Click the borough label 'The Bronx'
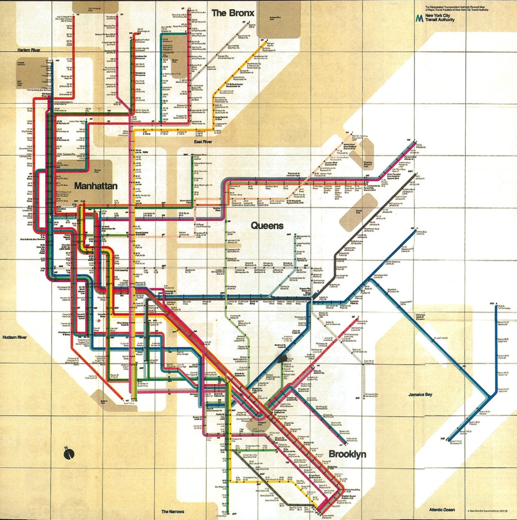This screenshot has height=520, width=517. tap(233, 13)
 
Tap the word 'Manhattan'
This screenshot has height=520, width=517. tap(96, 186)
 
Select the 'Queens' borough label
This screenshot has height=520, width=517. tap(267, 226)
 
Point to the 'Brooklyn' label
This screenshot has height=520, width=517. tap(347, 454)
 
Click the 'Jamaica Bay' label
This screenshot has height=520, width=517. tap(420, 395)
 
